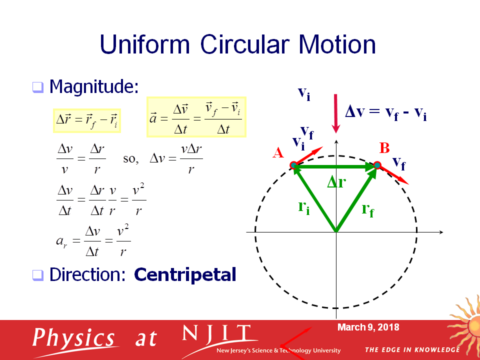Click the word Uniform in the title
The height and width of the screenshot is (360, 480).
145,44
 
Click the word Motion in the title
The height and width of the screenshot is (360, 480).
337,44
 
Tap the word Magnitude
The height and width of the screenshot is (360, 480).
94,87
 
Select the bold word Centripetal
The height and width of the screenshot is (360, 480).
185,274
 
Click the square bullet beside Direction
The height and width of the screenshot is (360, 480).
38,275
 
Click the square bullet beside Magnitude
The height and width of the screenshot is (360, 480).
38,87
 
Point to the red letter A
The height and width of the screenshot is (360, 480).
278,152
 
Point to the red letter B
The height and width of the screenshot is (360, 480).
384,148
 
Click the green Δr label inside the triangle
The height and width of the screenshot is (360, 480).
336,182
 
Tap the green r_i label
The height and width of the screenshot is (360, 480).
304,208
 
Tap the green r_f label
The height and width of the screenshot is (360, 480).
367,210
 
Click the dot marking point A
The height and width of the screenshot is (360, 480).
293,165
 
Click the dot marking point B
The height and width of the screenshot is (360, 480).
377,165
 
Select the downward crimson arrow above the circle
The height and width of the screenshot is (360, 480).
336,113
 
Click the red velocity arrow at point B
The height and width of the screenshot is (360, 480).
393,175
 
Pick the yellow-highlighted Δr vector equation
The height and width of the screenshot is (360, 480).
87,120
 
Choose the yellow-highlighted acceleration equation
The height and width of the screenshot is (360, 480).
196,117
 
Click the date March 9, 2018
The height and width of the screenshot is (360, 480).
368,327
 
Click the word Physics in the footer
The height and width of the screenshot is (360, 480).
73,339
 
